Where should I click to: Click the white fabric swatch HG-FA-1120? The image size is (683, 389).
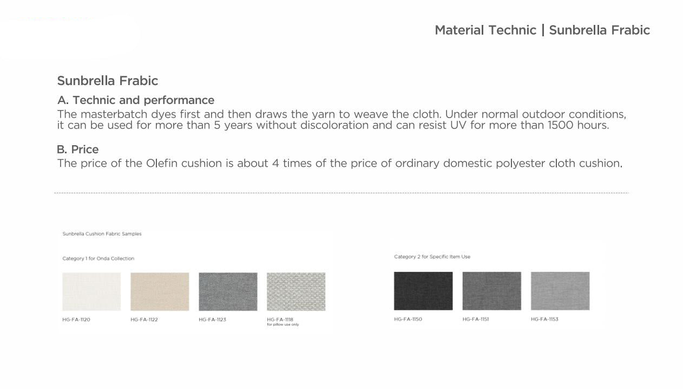pos(91,291)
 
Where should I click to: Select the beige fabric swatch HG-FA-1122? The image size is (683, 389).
pos(160,291)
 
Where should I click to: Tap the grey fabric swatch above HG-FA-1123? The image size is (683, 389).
pos(228,291)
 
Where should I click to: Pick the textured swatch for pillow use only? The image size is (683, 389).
pos(296,291)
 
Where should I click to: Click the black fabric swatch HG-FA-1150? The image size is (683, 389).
pos(423,291)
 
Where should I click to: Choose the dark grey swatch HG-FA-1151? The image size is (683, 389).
pos(492,291)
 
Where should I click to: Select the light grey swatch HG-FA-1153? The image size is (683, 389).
pos(560,291)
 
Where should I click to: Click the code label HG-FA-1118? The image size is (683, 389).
pos(280,320)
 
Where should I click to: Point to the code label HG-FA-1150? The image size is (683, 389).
pos(408,319)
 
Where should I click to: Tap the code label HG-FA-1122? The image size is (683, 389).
pos(144,320)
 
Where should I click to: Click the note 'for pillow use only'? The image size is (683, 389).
pos(283,325)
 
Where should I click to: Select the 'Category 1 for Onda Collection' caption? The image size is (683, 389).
pos(98,258)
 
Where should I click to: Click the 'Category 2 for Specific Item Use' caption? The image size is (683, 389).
pos(432,257)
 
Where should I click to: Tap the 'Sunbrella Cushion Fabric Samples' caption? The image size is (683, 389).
pos(102,234)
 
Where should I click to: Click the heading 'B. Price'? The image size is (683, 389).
pos(78,150)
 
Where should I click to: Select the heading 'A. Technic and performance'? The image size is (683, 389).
pos(136,100)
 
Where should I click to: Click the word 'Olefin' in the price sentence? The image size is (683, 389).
pos(162,164)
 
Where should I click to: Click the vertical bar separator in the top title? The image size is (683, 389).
pos(543,30)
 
